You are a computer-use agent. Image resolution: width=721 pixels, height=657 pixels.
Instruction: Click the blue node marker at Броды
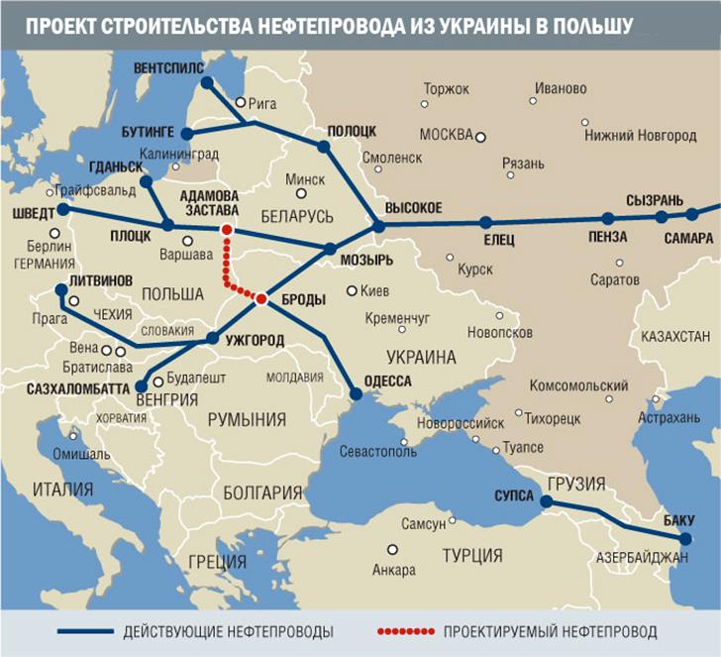tap(261, 298)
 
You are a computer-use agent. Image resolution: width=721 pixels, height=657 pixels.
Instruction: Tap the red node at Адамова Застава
tap(227, 230)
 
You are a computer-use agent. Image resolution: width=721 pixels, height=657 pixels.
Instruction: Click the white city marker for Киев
tap(352, 290)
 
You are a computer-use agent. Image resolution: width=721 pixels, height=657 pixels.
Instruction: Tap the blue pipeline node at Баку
tap(686, 538)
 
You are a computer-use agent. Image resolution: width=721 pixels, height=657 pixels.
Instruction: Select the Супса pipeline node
tap(543, 501)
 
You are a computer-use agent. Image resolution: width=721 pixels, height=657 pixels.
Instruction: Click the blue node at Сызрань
tap(661, 217)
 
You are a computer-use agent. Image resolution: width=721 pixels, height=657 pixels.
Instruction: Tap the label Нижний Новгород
tap(640, 135)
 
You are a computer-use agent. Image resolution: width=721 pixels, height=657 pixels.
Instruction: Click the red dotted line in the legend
tap(406, 631)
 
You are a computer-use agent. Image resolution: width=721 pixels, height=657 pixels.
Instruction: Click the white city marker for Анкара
tap(392, 549)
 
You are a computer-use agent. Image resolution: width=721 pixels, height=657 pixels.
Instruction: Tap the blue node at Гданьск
tap(147, 182)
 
